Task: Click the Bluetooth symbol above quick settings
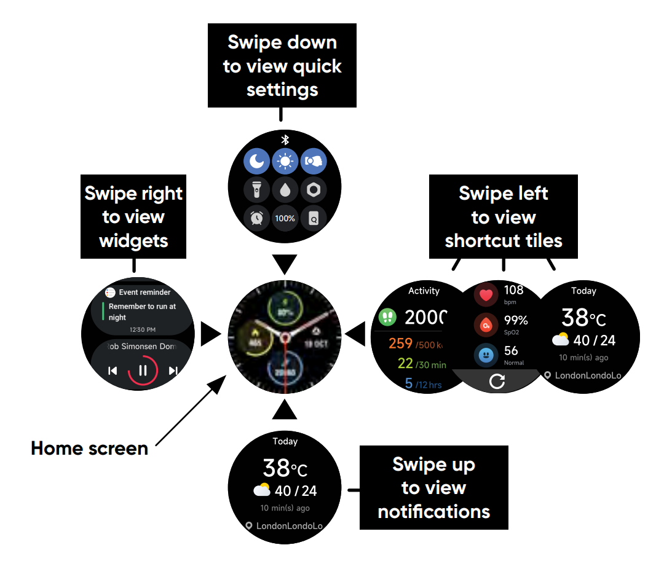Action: pyautogui.click(x=285, y=139)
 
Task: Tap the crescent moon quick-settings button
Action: pyautogui.click(x=256, y=162)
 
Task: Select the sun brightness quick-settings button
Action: pyautogui.click(x=285, y=162)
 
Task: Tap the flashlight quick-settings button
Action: pyautogui.click(x=256, y=190)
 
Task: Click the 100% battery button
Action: pyautogui.click(x=285, y=218)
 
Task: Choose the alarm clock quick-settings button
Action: pyautogui.click(x=256, y=218)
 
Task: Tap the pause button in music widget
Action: pyautogui.click(x=143, y=371)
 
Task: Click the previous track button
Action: pyautogui.click(x=113, y=371)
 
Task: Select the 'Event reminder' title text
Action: pyautogui.click(x=144, y=292)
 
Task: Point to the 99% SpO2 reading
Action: pyautogui.click(x=516, y=320)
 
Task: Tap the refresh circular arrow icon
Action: pyautogui.click(x=497, y=382)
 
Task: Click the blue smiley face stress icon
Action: pyautogui.click(x=486, y=355)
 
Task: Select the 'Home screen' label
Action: pyautogui.click(x=90, y=449)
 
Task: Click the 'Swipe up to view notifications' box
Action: pyautogui.click(x=433, y=488)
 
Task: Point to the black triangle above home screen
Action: pyautogui.click(x=285, y=264)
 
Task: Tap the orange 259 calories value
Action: pyautogui.click(x=400, y=343)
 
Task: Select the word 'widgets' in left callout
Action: pyautogui.click(x=133, y=241)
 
